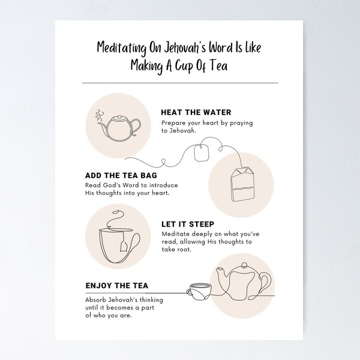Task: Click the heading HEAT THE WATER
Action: (196, 112)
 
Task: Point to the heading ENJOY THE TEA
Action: (117, 286)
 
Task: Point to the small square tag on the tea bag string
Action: (201, 154)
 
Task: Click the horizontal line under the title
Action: (179, 83)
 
